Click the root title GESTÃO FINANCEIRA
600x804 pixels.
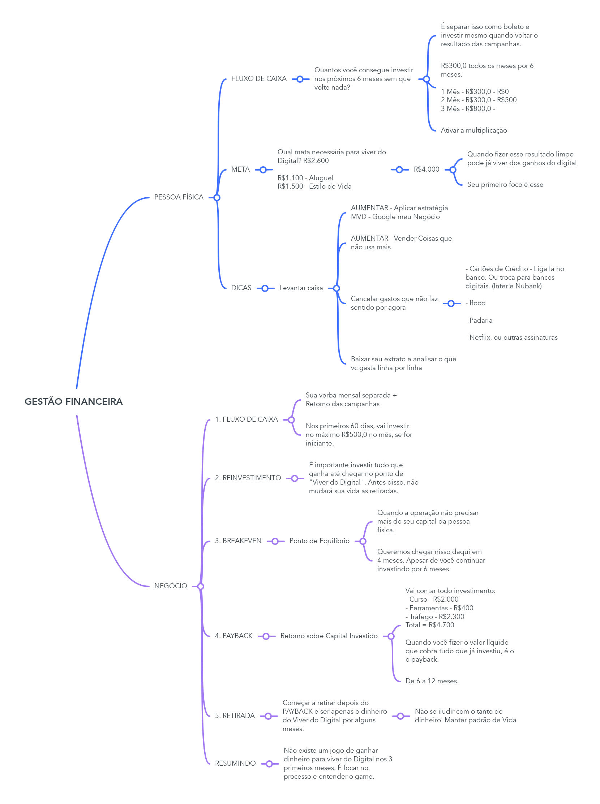[x=74, y=401]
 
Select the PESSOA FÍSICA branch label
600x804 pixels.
[x=179, y=197]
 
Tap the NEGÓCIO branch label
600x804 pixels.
[x=170, y=586]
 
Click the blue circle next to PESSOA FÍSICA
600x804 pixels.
[x=217, y=198]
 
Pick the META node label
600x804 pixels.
[x=240, y=169]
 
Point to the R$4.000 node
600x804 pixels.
[x=427, y=169]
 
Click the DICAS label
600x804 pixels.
[x=241, y=288]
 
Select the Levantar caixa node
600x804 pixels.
[x=301, y=288]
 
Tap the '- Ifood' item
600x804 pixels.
[x=475, y=303]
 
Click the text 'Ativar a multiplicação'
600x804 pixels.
[x=473, y=130]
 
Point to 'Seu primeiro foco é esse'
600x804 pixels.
[x=505, y=185]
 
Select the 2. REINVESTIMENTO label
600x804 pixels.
[x=248, y=478]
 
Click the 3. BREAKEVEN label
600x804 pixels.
[x=238, y=541]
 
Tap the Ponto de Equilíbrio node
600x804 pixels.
[x=319, y=541]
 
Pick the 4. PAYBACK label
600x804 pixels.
[x=233, y=636]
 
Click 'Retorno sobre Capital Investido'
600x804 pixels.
[x=329, y=636]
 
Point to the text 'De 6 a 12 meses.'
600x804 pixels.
[x=432, y=681]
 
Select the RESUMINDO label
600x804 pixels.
[x=235, y=763]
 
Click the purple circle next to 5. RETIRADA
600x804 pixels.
[x=269, y=716]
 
